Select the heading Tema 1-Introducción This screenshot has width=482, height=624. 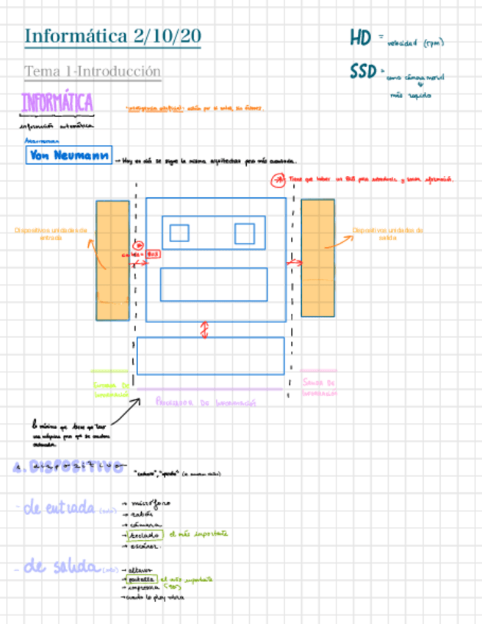coord(93,71)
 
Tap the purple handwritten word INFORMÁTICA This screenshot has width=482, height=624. coord(57,103)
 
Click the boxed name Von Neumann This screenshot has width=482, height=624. coord(68,155)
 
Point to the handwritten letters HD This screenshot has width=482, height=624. coord(360,38)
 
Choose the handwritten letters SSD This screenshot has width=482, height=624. coord(362,71)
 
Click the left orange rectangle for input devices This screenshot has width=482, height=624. coord(112,260)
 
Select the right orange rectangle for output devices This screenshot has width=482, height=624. coord(317,258)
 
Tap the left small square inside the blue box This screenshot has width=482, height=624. coord(179,233)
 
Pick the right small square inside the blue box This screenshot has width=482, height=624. coord(245,233)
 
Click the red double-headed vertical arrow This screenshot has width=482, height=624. coord(205,330)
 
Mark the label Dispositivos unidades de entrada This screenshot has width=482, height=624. coord(51,233)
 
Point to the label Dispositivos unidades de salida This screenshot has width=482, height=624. coord(387,233)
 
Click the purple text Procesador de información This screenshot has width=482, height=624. coord(205,403)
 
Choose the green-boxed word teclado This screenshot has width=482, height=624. coord(144,535)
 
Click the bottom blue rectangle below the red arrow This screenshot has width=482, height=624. coord(210,355)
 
